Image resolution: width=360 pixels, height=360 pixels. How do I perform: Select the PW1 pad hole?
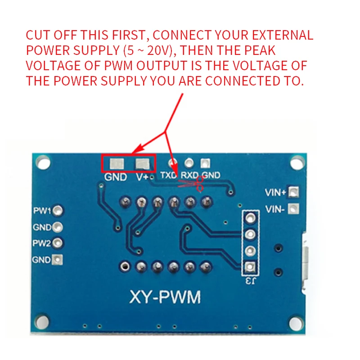(x=58, y=210)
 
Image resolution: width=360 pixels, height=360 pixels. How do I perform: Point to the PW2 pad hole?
(x=58, y=243)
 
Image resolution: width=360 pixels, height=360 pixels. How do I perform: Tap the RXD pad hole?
(x=189, y=162)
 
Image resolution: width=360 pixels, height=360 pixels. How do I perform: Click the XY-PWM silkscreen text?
(x=165, y=297)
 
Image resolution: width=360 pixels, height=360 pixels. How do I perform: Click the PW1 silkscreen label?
(x=42, y=210)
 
